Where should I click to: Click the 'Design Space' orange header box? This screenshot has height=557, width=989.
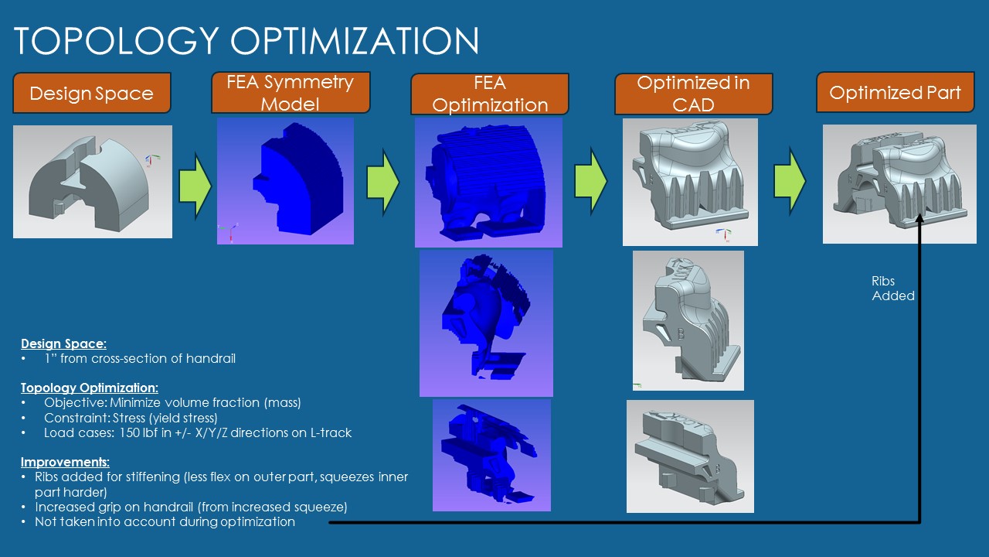(x=92, y=93)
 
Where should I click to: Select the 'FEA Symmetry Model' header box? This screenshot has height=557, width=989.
(x=291, y=92)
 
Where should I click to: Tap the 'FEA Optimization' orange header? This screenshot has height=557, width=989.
(x=490, y=94)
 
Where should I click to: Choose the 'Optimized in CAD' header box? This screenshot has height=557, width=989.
(x=694, y=94)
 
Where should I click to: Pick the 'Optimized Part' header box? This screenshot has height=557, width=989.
(x=895, y=92)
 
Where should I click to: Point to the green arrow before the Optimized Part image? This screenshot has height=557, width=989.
(x=790, y=181)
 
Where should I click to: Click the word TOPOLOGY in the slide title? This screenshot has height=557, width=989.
(x=117, y=41)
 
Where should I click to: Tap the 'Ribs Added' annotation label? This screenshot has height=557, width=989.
(x=892, y=289)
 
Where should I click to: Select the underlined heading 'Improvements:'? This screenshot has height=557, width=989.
(x=65, y=462)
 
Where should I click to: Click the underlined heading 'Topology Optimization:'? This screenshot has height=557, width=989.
(x=89, y=388)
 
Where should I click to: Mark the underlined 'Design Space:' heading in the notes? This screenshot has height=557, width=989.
(x=63, y=344)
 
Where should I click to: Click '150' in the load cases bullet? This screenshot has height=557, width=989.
(x=130, y=432)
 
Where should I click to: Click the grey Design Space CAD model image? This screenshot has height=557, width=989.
(x=93, y=182)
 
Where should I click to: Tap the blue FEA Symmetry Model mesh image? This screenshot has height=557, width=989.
(x=285, y=181)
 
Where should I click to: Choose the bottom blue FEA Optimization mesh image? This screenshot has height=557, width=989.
(x=491, y=456)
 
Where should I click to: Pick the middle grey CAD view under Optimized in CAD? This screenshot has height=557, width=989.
(x=688, y=320)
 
